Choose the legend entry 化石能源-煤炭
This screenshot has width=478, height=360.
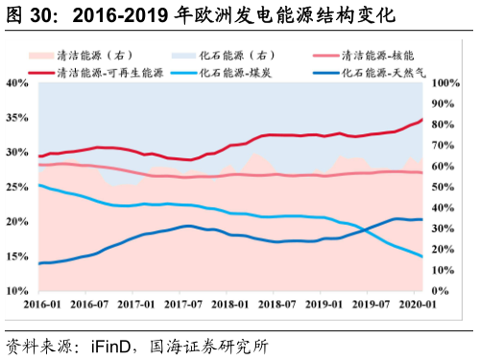(241, 72)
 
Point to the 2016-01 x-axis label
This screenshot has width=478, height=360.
(39, 304)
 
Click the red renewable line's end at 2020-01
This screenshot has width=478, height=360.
(422, 120)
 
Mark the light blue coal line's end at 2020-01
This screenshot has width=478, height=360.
(422, 256)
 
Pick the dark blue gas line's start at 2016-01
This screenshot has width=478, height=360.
(38, 263)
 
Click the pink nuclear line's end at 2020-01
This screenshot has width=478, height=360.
(422, 173)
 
